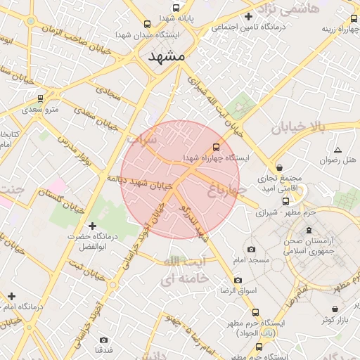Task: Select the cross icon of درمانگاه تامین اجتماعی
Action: click(247, 17)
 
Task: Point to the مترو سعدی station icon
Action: click(41, 98)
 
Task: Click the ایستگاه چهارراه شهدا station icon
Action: click(216, 147)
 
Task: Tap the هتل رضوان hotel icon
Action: click(338, 150)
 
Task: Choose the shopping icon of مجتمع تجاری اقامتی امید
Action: click(281, 168)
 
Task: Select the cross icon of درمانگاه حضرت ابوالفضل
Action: click(92, 226)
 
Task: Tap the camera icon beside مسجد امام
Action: click(251, 249)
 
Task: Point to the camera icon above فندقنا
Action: click(104, 340)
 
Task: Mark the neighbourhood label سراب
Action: click(142, 139)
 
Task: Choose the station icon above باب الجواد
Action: click(255, 312)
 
